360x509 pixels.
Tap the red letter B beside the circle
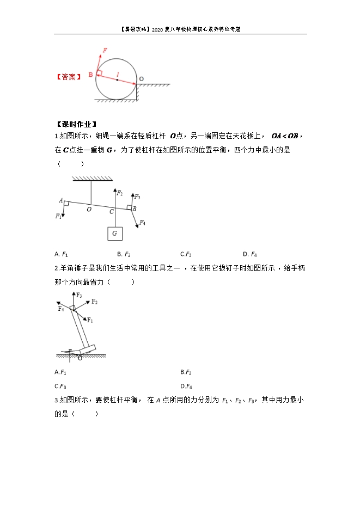(x=90, y=75)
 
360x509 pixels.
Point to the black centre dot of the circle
(x=117, y=79)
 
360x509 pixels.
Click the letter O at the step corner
(x=141, y=79)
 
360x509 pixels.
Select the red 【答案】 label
(x=69, y=77)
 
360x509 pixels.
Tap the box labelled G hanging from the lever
(x=114, y=234)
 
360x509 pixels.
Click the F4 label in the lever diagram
(x=142, y=223)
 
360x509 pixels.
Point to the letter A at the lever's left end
(x=60, y=200)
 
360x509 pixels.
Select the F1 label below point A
(x=58, y=216)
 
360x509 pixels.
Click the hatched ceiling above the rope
(x=91, y=179)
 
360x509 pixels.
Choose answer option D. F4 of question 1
(x=250, y=254)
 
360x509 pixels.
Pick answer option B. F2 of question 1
(x=124, y=254)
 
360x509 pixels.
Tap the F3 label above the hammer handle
(x=79, y=295)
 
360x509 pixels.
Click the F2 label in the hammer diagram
(x=94, y=302)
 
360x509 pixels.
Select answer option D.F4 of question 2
(x=186, y=387)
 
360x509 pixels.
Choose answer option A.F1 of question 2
(x=60, y=372)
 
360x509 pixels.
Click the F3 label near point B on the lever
(x=137, y=197)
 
